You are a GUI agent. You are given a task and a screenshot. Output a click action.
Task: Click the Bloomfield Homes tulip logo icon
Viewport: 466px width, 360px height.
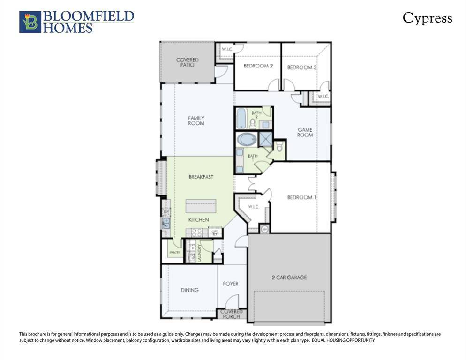pyautogui.click(x=30, y=22)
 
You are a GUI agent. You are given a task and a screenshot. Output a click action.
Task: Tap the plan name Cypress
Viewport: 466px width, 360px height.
pyautogui.click(x=427, y=18)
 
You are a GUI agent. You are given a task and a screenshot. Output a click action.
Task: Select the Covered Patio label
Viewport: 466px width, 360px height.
pyautogui.click(x=187, y=62)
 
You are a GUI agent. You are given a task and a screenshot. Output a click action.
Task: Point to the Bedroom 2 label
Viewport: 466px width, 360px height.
pyautogui.click(x=258, y=66)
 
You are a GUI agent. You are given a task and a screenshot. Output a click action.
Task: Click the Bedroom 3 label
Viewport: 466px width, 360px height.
pyautogui.click(x=301, y=67)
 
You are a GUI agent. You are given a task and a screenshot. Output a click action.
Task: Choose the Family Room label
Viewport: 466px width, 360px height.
pyautogui.click(x=196, y=121)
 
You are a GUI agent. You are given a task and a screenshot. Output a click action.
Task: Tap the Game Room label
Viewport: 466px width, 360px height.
pyautogui.click(x=305, y=132)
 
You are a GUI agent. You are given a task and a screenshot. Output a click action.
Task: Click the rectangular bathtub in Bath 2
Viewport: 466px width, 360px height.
pyautogui.click(x=241, y=119)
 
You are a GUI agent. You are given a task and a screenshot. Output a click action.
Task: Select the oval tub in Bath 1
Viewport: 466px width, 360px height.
pyautogui.click(x=247, y=140)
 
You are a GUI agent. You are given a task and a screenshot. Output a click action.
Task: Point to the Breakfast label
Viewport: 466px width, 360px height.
pyautogui.click(x=201, y=177)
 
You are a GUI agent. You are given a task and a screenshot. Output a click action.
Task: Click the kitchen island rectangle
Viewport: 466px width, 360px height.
pyautogui.click(x=201, y=206)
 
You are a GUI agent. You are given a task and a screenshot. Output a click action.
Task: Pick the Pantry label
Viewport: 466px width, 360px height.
pyautogui.click(x=174, y=253)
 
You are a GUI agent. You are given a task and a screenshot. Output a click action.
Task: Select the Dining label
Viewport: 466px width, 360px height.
pyautogui.click(x=189, y=290)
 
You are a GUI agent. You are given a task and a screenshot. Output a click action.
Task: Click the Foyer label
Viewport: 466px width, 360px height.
pyautogui.click(x=230, y=284)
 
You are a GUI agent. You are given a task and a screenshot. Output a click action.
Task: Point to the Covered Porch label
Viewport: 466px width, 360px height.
pyautogui.click(x=232, y=314)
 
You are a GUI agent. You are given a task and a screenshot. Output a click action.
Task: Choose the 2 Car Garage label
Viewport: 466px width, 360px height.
pyautogui.click(x=289, y=277)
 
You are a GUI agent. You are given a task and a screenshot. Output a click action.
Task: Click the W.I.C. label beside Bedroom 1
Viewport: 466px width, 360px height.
pyautogui.click(x=253, y=207)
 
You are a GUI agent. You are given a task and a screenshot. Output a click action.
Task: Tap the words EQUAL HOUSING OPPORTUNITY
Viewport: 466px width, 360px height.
pyautogui.click(x=343, y=340)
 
